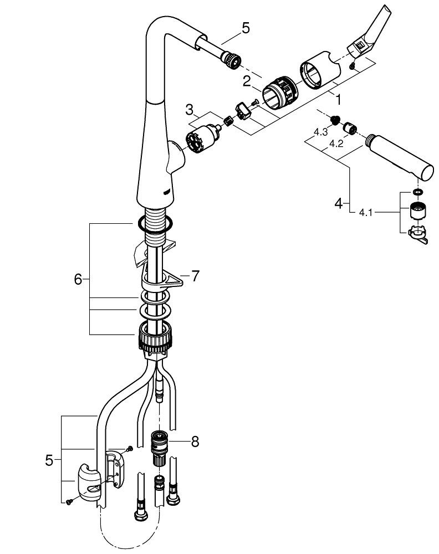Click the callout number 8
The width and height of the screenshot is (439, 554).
(195, 442)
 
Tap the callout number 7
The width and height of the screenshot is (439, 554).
(196, 276)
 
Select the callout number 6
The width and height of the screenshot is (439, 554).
(78, 279)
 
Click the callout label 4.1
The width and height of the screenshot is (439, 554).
(366, 213)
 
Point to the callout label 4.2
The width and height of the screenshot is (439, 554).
(336, 144)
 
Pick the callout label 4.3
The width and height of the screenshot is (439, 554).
(321, 132)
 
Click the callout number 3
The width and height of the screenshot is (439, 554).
(190, 110)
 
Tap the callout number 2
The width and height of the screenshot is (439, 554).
(247, 81)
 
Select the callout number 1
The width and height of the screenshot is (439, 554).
(338, 100)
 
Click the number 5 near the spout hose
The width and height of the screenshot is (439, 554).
(246, 28)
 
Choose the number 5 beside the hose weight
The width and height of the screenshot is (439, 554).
(49, 460)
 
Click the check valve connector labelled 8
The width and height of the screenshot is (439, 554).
(160, 448)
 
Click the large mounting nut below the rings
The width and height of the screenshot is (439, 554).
(155, 337)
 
